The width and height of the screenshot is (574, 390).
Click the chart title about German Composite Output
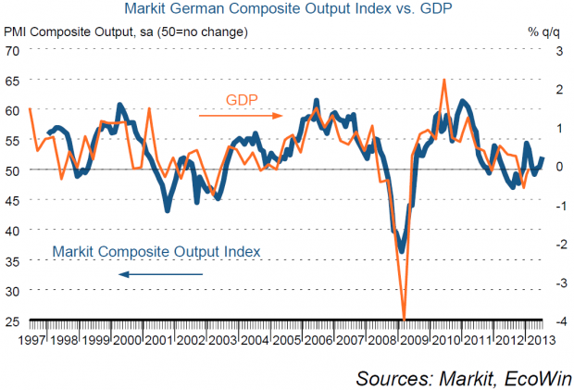[287, 10]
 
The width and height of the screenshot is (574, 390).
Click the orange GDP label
[242, 99]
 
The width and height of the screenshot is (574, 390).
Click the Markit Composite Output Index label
[156, 251]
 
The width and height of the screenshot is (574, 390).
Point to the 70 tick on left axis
[12, 49]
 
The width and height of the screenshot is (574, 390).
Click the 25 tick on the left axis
[12, 321]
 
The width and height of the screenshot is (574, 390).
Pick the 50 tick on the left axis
[12, 170]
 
